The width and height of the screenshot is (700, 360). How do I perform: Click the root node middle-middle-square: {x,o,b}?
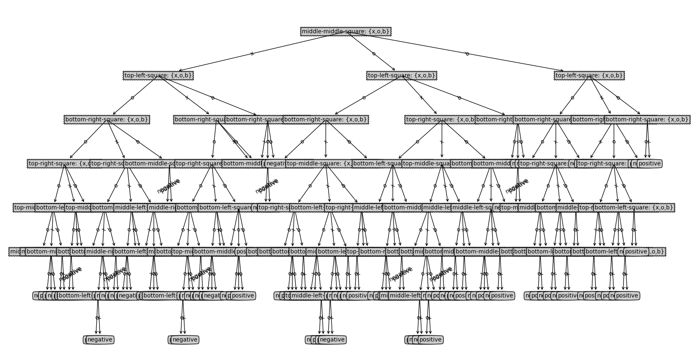click(x=345, y=32)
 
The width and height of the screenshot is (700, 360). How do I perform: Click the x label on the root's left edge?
click(x=252, y=53)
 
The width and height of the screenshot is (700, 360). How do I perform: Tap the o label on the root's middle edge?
click(x=373, y=53)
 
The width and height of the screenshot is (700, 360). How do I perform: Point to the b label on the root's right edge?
click(x=467, y=53)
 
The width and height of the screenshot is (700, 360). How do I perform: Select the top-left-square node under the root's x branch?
click(x=158, y=76)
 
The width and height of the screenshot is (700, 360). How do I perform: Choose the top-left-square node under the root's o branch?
click(x=401, y=76)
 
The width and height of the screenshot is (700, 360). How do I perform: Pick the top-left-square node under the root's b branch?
click(x=589, y=76)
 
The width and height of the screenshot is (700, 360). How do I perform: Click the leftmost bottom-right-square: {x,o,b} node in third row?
click(x=107, y=120)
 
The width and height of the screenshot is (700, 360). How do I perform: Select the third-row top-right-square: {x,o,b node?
click(x=440, y=120)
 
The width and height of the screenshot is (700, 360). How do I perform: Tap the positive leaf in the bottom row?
click(x=430, y=340)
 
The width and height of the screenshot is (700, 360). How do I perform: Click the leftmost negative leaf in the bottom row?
click(x=100, y=340)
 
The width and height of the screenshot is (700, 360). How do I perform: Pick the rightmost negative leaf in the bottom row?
click(x=332, y=340)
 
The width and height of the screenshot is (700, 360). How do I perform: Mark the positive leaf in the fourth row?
click(x=649, y=164)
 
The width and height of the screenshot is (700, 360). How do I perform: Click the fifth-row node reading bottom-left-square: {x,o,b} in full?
click(x=633, y=208)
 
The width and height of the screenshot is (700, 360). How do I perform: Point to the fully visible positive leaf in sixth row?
click(x=636, y=252)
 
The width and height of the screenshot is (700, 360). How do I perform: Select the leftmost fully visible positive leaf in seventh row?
click(x=243, y=296)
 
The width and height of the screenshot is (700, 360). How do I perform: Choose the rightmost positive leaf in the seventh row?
click(x=626, y=296)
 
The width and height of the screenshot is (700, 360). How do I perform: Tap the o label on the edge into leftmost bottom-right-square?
click(x=132, y=98)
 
